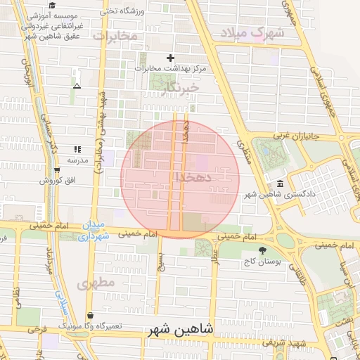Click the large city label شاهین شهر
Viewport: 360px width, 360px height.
point(182,330)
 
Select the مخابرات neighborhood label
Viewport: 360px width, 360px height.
point(114,36)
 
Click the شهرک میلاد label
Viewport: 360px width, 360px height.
point(252,32)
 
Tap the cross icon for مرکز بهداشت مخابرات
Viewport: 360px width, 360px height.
point(169,58)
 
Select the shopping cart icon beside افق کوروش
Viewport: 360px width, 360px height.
point(57,170)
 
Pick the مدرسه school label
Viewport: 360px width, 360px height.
point(77,160)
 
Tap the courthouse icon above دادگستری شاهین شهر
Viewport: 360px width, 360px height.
point(281,184)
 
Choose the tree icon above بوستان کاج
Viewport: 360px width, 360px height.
point(263,250)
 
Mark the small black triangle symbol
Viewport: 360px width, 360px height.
point(77,86)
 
